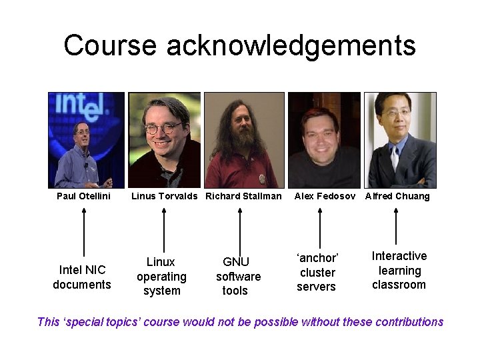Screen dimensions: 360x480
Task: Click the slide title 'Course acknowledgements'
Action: (239, 45)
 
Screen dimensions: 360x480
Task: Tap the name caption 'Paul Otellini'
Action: (83, 196)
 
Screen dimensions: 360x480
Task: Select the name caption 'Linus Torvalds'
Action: (164, 196)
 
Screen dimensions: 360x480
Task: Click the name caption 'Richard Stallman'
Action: (243, 196)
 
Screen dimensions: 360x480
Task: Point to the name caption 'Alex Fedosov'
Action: (325, 196)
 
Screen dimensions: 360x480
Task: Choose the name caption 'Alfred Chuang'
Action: (397, 196)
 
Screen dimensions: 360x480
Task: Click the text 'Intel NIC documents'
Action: (82, 277)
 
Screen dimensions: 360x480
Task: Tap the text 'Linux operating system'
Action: (161, 277)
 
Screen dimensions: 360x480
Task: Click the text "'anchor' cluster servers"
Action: (317, 272)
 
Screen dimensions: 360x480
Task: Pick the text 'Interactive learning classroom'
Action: (399, 270)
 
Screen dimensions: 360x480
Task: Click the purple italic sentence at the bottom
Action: (240, 322)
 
